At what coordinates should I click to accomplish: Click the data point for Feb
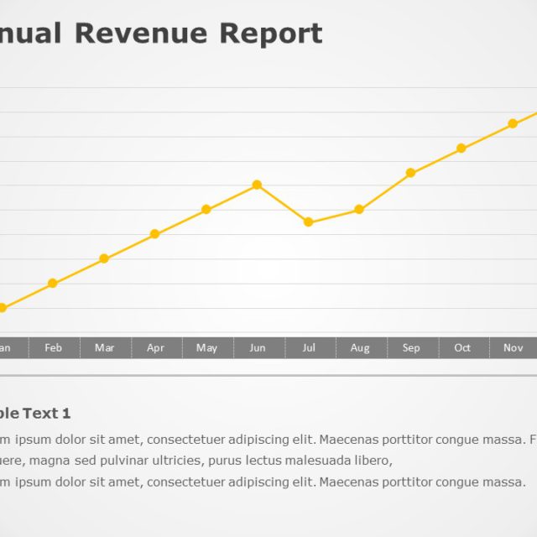[x=53, y=284]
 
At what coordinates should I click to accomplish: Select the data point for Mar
[x=104, y=258]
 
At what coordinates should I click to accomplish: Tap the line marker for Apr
[x=155, y=234]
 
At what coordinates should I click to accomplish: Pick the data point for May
[x=206, y=209]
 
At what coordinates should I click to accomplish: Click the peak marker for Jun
[x=258, y=185]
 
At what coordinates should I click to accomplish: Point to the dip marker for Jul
[x=309, y=222]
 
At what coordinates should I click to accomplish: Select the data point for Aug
[x=359, y=210]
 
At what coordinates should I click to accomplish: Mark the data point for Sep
[x=411, y=173]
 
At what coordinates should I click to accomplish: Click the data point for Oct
[x=461, y=149]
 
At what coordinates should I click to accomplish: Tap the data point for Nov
[x=513, y=123]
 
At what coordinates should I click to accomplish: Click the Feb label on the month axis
[x=53, y=348]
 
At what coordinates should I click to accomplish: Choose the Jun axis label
[x=258, y=348]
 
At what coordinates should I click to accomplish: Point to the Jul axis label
[x=309, y=348]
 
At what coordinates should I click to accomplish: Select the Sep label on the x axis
[x=411, y=348]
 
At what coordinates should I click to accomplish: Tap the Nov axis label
[x=513, y=348]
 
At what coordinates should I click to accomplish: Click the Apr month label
[x=155, y=348]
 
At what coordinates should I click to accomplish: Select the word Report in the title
[x=270, y=34]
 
